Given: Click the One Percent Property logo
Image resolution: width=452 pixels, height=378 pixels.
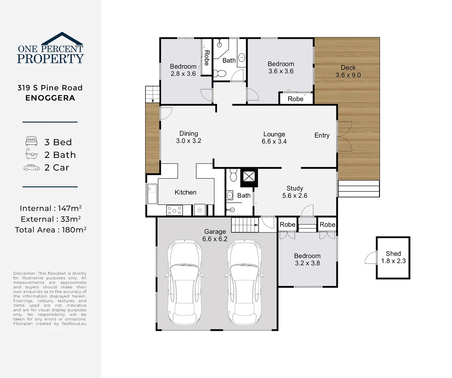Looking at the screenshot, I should pyautogui.click(x=50, y=49).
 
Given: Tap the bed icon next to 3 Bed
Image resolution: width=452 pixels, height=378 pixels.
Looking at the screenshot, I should pyautogui.click(x=32, y=141).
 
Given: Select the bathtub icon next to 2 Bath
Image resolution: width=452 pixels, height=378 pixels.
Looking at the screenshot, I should pyautogui.click(x=32, y=154).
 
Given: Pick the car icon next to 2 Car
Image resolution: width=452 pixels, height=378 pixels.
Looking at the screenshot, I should pyautogui.click(x=32, y=168).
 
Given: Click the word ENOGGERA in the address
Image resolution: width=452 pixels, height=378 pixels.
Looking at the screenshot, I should pyautogui.click(x=50, y=98).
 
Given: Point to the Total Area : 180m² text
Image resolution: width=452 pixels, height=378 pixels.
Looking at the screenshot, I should pyautogui.click(x=50, y=230).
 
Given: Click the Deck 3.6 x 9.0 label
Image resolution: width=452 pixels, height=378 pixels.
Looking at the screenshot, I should pyautogui.click(x=348, y=71).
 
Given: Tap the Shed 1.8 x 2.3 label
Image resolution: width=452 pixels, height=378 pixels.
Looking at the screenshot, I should pyautogui.click(x=393, y=257).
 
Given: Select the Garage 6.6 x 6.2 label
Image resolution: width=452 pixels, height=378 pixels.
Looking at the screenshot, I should pyautogui.click(x=215, y=235).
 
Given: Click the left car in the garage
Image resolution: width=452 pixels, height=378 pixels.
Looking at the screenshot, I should pyautogui.click(x=184, y=282).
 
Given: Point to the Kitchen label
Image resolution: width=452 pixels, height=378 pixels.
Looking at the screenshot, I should pyautogui.click(x=185, y=192).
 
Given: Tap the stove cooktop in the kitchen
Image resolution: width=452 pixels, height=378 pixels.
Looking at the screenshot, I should pyautogui.click(x=174, y=210).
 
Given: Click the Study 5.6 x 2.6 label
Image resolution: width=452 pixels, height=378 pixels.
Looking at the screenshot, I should pyautogui.click(x=295, y=192).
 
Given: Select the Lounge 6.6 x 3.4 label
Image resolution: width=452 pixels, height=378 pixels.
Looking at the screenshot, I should pyautogui.click(x=274, y=138).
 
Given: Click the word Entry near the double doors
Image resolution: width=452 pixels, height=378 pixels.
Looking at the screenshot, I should pyautogui.click(x=322, y=135).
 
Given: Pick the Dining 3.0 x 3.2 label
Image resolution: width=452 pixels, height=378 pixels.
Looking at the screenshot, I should pyautogui.click(x=189, y=137).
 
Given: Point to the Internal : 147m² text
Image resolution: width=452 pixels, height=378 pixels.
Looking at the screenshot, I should pyautogui.click(x=50, y=209).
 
